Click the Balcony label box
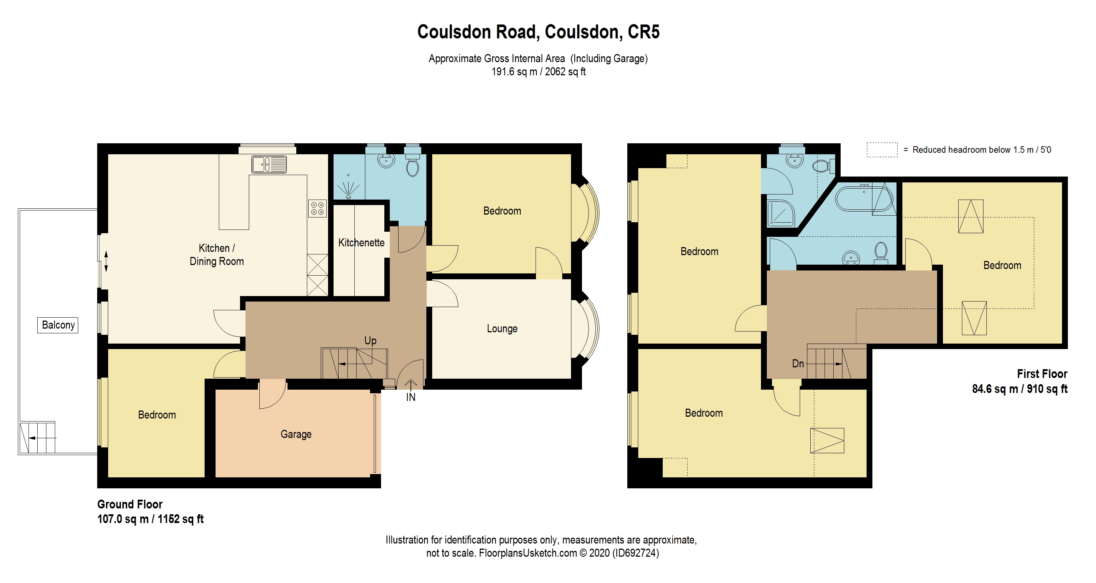tap(58, 325)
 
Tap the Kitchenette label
tap(361, 243)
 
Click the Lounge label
tap(502, 329)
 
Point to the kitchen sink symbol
tap(269, 164)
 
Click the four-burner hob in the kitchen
tap(317, 208)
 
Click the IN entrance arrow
tap(411, 385)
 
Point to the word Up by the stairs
tap(370, 340)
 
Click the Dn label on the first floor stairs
tap(798, 363)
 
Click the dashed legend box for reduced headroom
tap(882, 150)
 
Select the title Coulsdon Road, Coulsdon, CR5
tap(538, 32)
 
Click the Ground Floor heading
tap(130, 504)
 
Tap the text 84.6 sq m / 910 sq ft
tap(1019, 389)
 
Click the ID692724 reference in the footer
tap(636, 553)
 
